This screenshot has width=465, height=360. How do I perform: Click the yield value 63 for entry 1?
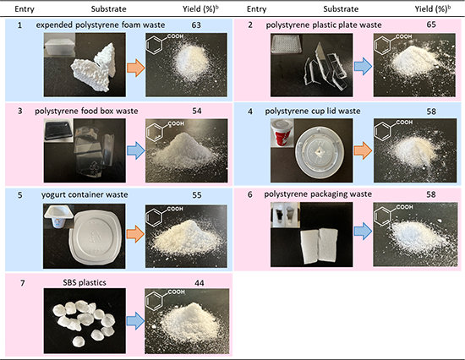point(196,25)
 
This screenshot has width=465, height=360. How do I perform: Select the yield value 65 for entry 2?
point(431,25)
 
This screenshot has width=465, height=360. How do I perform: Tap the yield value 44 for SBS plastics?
point(200,283)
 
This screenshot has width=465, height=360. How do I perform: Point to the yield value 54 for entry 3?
point(197,111)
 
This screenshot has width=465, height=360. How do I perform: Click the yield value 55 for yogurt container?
point(197,195)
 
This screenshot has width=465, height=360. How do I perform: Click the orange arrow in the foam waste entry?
point(136,68)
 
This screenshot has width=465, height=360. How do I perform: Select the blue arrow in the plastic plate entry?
point(363,66)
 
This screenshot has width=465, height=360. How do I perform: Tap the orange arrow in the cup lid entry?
point(363,150)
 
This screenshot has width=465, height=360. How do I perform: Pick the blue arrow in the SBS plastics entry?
point(135,320)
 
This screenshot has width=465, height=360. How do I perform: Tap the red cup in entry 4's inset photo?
point(282,134)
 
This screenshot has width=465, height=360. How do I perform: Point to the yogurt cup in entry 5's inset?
point(59,218)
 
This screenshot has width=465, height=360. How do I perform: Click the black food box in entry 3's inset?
point(58,130)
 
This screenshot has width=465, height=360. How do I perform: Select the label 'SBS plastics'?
point(85,282)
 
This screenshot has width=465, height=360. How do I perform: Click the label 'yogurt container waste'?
point(85,194)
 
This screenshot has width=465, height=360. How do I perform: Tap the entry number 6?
point(250,194)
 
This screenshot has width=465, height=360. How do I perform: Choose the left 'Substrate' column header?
point(108,9)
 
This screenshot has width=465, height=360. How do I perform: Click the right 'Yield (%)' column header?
point(433,9)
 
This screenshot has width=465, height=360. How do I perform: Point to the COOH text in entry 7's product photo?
point(176,292)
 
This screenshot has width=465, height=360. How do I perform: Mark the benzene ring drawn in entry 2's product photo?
point(382,45)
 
